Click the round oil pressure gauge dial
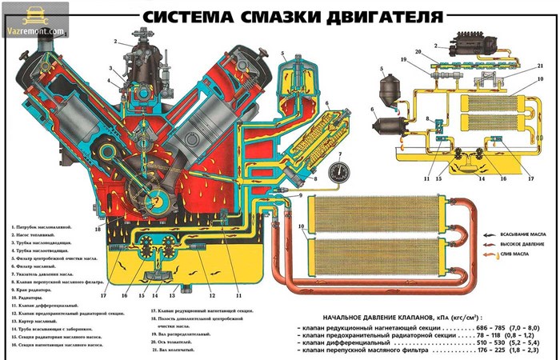point(339,171)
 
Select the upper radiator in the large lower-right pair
point(372,215)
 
